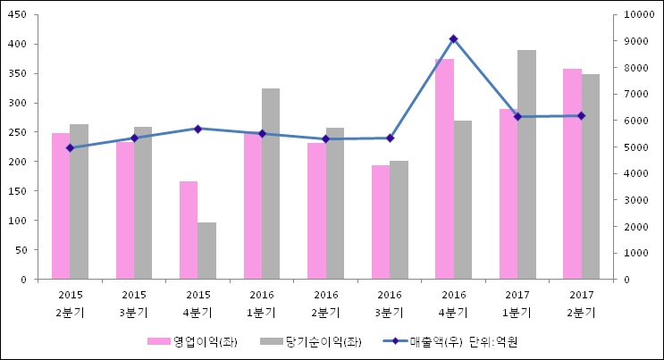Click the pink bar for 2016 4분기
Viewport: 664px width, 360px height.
(444, 169)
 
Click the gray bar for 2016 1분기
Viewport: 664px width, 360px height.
(271, 183)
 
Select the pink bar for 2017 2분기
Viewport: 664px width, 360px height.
(572, 173)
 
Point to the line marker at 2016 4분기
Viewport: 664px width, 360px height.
(453, 38)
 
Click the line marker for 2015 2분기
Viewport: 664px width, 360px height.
(70, 147)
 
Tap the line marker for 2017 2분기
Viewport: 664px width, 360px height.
(581, 115)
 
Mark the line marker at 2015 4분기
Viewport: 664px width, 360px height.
(198, 129)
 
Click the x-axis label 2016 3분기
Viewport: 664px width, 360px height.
(390, 304)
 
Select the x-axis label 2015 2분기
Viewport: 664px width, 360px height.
(70, 304)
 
